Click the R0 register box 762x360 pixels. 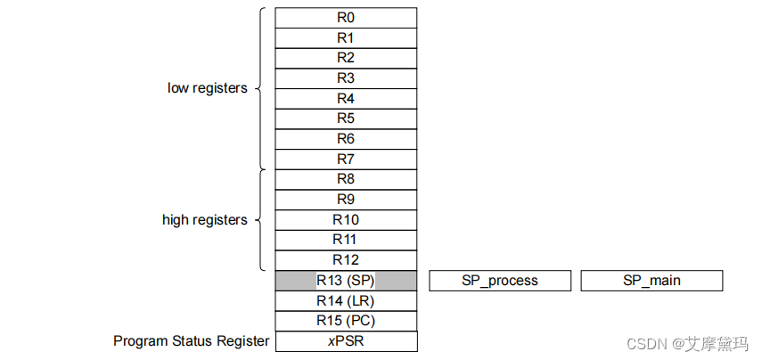click(x=346, y=18)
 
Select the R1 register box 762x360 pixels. click(x=346, y=38)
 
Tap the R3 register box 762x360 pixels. click(x=346, y=78)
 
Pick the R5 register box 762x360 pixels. click(x=346, y=119)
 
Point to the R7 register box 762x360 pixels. click(x=346, y=160)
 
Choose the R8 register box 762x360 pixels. click(x=346, y=179)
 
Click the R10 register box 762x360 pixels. click(x=346, y=220)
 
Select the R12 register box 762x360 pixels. click(x=346, y=260)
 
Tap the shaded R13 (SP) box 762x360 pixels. click(x=346, y=281)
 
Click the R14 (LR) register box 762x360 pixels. click(x=346, y=301)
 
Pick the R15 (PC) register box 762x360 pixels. click(x=346, y=321)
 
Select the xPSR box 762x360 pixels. click(x=346, y=341)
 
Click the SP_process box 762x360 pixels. click(x=500, y=281)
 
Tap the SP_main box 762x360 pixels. click(x=651, y=281)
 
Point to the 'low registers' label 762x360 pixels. click(x=207, y=88)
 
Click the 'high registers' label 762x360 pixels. click(x=204, y=220)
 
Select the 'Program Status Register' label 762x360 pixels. click(x=191, y=341)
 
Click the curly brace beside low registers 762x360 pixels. click(x=261, y=88)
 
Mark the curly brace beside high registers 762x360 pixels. click(x=261, y=220)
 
